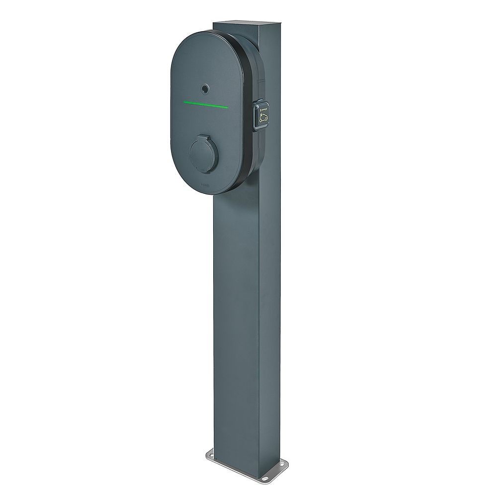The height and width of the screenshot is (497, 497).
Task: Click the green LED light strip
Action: pos(205,104)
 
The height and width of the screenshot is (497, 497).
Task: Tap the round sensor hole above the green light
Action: pos(204,88)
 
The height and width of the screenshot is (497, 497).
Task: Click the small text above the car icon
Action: pos(263,105)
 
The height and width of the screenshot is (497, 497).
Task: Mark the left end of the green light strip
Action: pos(185,102)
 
